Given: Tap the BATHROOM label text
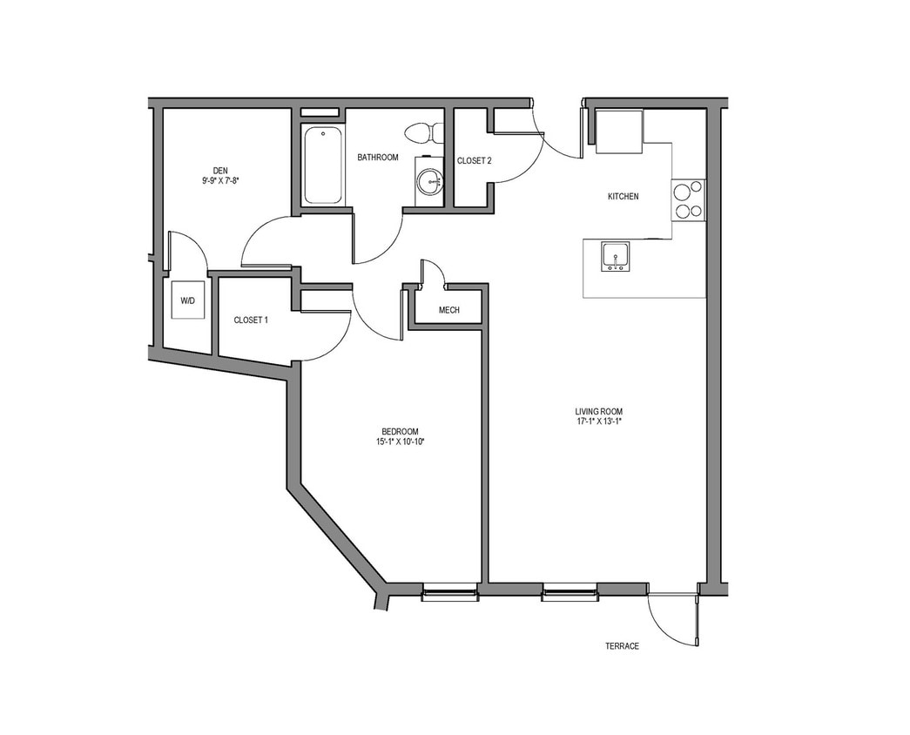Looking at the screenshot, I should (x=378, y=158).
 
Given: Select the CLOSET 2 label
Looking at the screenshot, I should (x=475, y=161).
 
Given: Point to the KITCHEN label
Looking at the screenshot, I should (x=623, y=197).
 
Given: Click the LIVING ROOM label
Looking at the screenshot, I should (x=598, y=412).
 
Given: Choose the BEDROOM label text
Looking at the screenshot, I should (x=400, y=432).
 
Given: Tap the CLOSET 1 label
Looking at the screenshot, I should (x=251, y=320).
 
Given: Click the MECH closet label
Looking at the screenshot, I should (x=448, y=311).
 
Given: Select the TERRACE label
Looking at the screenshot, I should (x=622, y=646).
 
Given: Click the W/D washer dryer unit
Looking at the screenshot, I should (x=188, y=300).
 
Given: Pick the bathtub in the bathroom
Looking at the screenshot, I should (x=322, y=165).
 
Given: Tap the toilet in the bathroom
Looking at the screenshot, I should (x=423, y=133).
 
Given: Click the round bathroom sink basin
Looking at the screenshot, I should (x=428, y=182).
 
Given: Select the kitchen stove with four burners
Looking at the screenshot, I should (x=688, y=200).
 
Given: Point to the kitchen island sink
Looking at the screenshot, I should (x=616, y=258).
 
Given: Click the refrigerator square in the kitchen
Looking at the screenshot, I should (x=619, y=131).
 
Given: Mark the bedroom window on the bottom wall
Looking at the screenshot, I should (x=449, y=596).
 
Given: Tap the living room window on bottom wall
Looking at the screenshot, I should (x=569, y=596).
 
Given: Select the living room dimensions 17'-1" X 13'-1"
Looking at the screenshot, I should (x=598, y=422).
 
